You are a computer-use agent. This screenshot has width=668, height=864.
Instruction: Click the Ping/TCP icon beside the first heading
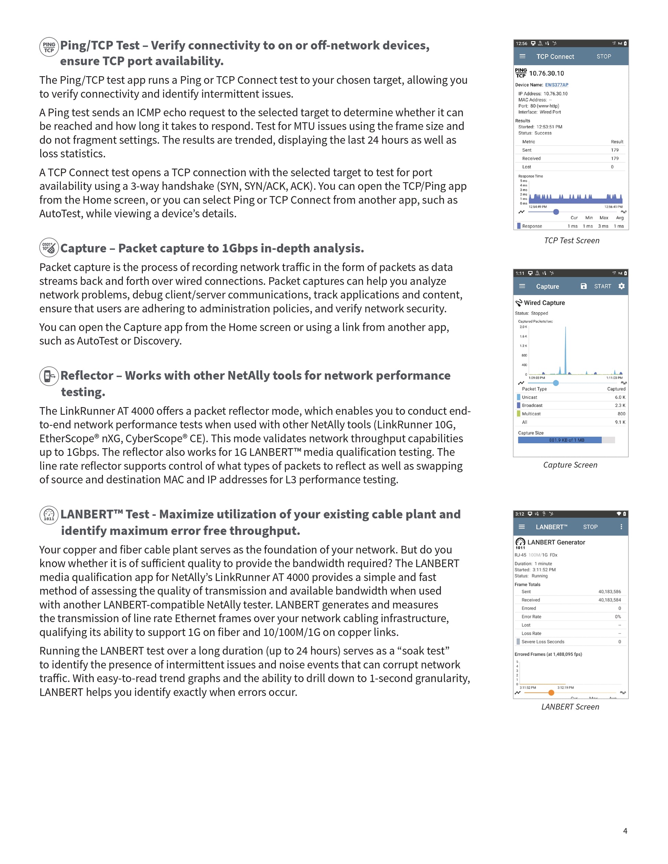[49, 47]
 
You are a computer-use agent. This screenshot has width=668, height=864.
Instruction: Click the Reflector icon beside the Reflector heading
[49, 375]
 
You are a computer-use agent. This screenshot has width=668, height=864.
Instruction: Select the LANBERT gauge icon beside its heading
[49, 515]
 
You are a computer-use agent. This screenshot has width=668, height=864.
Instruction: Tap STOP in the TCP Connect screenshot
[603, 57]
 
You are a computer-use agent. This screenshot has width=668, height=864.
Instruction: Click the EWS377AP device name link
[556, 85]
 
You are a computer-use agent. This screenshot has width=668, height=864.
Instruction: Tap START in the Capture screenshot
[602, 286]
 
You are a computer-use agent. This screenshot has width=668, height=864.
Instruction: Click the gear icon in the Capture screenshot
[621, 286]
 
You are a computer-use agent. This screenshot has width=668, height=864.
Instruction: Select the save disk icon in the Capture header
[583, 286]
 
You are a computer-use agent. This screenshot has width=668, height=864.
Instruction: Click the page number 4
[625, 831]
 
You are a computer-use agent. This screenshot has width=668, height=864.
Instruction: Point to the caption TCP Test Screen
[572, 241]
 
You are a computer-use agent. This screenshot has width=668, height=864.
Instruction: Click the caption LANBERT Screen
[570, 707]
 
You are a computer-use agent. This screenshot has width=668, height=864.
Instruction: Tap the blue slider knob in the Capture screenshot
[556, 383]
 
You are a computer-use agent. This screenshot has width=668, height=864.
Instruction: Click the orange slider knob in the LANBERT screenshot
[551, 692]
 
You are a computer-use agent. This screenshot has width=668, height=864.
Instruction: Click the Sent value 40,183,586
[609, 592]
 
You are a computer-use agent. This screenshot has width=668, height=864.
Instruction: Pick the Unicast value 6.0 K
[620, 397]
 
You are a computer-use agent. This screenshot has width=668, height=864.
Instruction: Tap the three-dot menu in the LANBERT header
[621, 527]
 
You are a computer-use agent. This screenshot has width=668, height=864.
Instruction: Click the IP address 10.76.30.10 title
[546, 73]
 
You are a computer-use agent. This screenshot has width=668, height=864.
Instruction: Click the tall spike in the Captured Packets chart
[565, 348]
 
